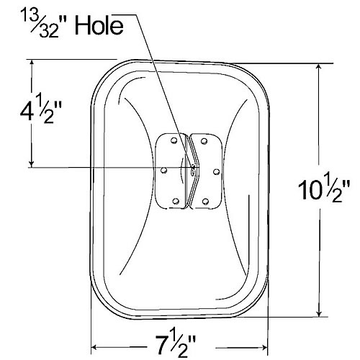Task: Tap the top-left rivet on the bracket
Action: point(173,141)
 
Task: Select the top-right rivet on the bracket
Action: point(204,140)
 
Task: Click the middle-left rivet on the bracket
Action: point(163,171)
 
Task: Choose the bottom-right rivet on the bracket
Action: point(204,201)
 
